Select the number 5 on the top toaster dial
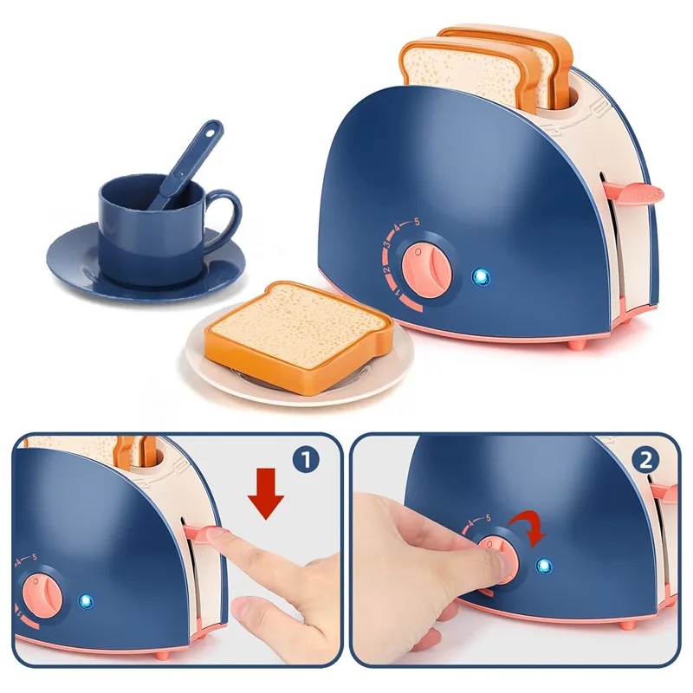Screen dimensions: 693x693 [x=416, y=223]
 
